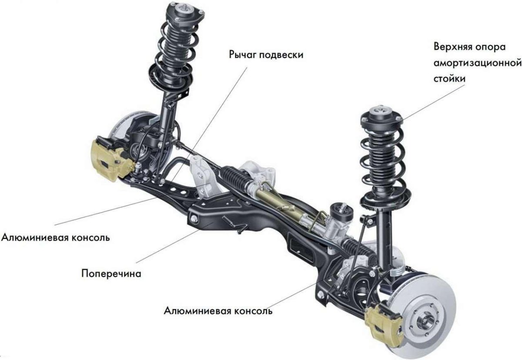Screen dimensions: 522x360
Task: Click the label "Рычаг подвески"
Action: [x=266, y=55]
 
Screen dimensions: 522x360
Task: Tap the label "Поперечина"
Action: [x=111, y=274]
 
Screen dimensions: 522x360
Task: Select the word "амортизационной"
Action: [x=478, y=63]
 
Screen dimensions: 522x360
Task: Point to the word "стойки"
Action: [x=449, y=78]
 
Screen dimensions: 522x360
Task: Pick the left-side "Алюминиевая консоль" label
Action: [x=56, y=238]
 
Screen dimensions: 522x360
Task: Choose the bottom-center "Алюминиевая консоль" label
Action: [x=218, y=311]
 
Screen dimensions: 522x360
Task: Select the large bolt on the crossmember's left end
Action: [x=194, y=218]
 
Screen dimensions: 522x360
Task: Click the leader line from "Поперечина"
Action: [x=174, y=243]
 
